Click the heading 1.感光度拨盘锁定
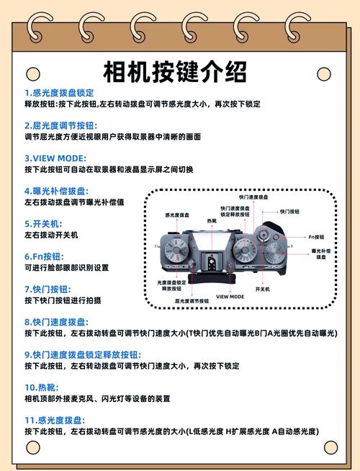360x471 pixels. pyautogui.click(x=59, y=93)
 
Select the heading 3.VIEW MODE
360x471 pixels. pyautogui.click(x=55, y=158)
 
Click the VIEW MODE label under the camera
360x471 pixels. pyautogui.click(x=230, y=297)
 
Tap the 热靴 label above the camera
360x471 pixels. pyautogui.click(x=211, y=220)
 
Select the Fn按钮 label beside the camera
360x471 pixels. pyautogui.click(x=317, y=236)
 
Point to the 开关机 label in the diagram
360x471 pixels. pyautogui.click(x=262, y=289)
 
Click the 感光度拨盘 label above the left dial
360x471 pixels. pyautogui.click(x=177, y=215)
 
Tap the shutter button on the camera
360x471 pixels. pyautogui.click(x=264, y=234)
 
